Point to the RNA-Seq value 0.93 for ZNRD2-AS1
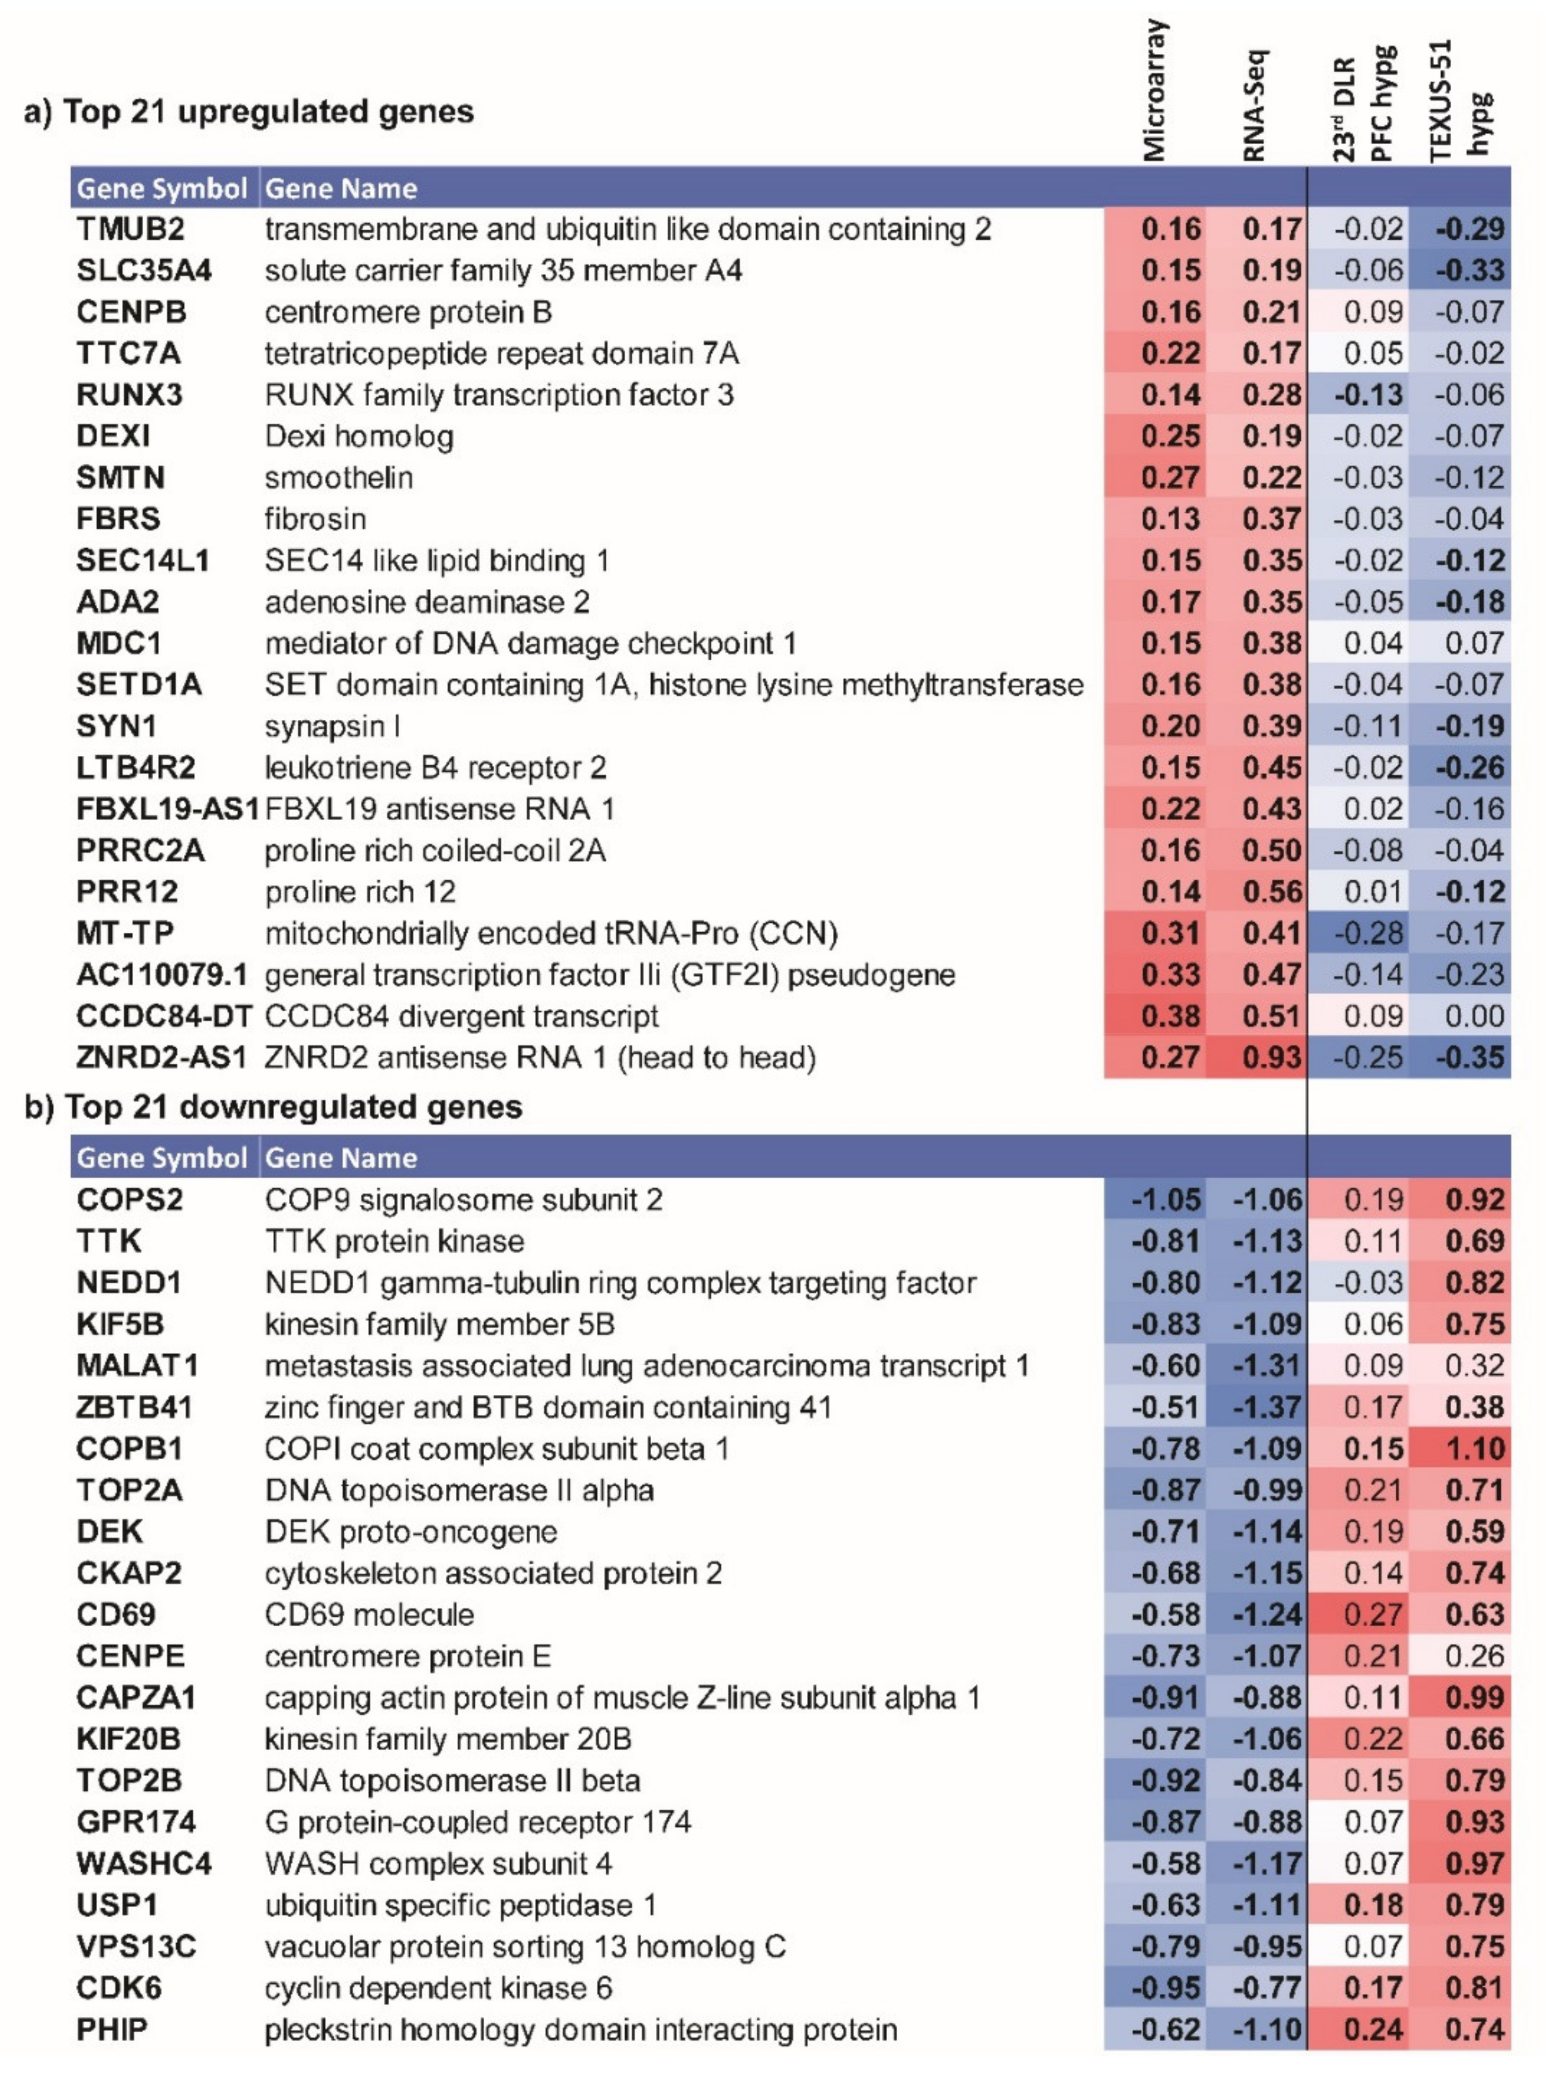tap(1271, 1058)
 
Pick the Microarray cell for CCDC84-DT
tap(1171, 1017)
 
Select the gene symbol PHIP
tap(112, 2030)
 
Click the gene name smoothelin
tap(338, 478)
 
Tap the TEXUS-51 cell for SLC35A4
tap(1469, 270)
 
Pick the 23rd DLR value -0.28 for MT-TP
tap(1367, 934)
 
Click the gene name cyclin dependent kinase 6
tap(437, 1988)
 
